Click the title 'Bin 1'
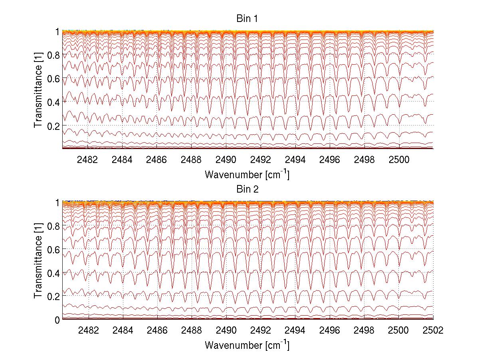tap(247, 19)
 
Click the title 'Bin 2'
tap(247, 189)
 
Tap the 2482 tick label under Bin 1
tap(88, 160)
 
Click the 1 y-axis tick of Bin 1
tap(57, 31)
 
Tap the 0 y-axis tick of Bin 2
tap(57, 320)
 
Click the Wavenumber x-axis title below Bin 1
tap(247, 174)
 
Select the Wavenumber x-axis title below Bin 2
tap(247, 345)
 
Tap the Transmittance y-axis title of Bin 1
tap(38, 90)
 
